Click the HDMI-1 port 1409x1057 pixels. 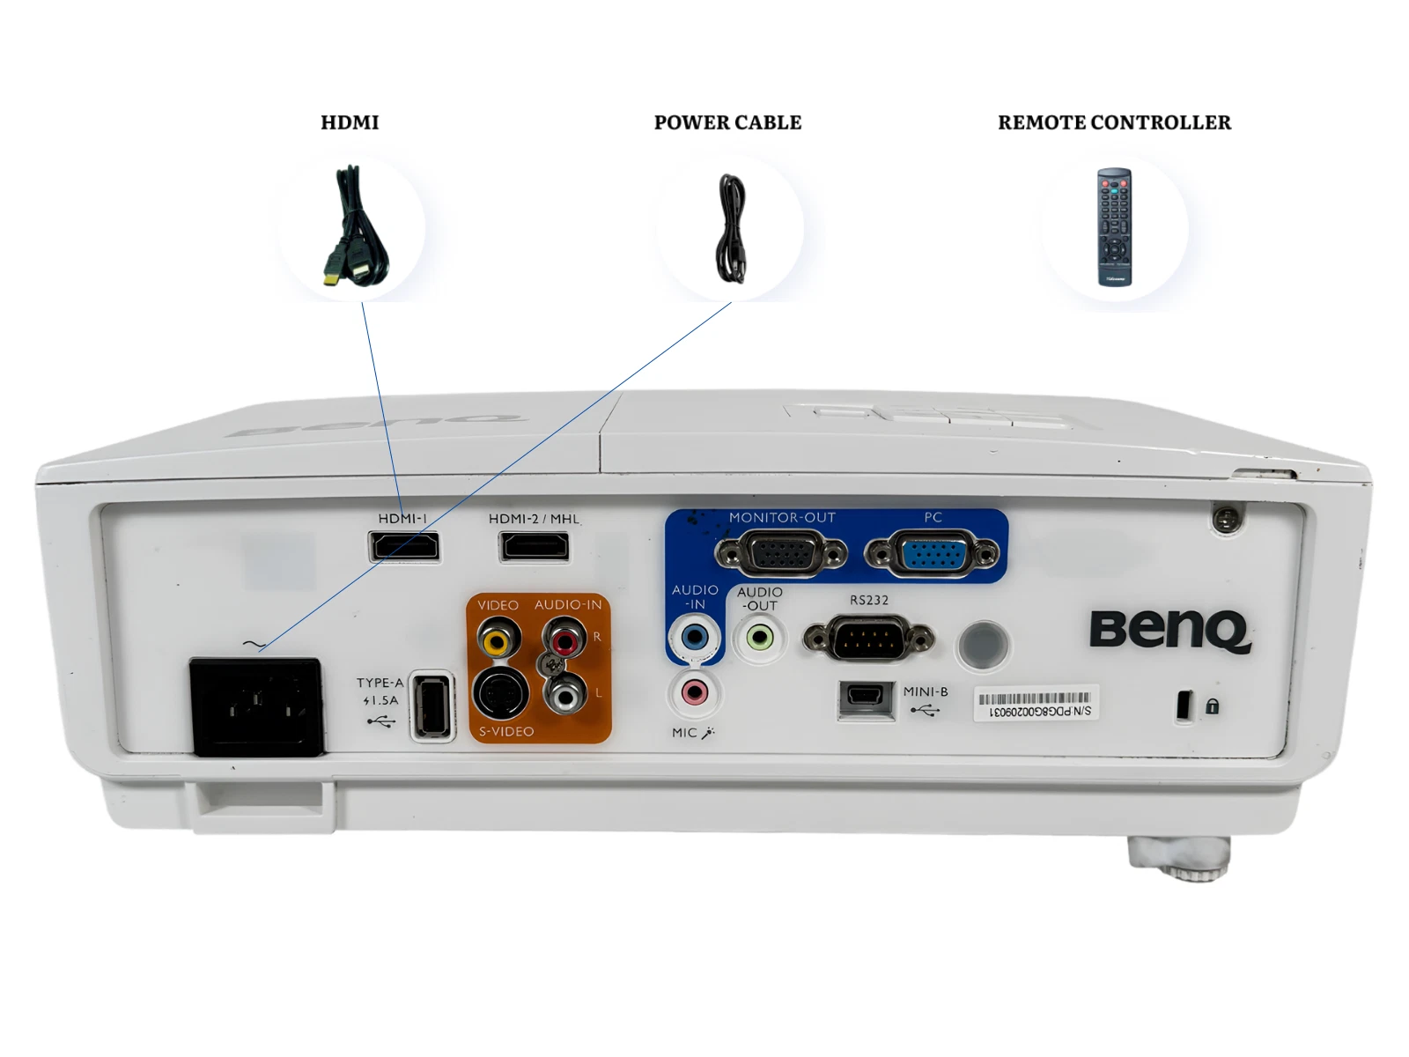click(404, 547)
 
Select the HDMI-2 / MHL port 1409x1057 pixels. click(535, 547)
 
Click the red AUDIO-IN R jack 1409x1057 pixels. click(564, 639)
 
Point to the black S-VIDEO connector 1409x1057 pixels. click(500, 693)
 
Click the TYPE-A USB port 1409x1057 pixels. click(432, 706)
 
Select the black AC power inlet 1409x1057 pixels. click(257, 706)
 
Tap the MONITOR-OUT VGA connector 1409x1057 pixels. click(781, 554)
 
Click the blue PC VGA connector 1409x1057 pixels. click(933, 554)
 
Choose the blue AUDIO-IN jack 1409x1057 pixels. click(695, 637)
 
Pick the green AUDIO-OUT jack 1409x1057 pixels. click(759, 637)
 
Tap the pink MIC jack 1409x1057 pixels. click(695, 692)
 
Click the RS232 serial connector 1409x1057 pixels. click(868, 638)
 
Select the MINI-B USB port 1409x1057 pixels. click(866, 699)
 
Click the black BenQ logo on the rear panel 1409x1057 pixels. click(1169, 631)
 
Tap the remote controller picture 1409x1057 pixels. click(1114, 227)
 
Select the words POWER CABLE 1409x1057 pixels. click(727, 122)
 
